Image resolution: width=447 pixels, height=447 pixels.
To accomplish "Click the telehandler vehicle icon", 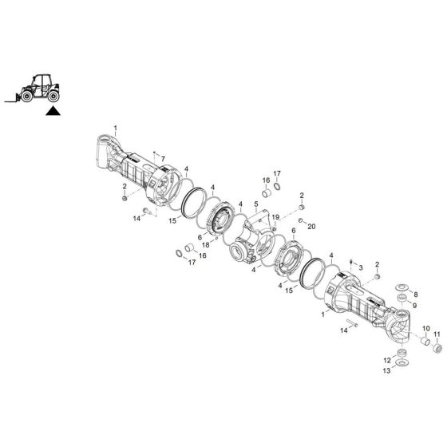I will click(x=34, y=86).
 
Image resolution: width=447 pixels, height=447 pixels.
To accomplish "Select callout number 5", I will click(x=256, y=204).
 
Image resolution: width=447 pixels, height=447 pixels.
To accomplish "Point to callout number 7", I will click(x=163, y=160).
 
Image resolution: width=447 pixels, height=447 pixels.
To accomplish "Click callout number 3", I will click(x=361, y=267).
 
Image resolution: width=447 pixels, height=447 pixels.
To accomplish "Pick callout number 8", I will click(x=414, y=295).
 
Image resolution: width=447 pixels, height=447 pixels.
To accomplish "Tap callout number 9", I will click(x=414, y=305).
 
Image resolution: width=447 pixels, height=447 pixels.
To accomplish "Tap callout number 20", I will click(x=311, y=226).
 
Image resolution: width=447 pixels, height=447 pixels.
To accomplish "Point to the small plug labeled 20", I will click(x=301, y=221).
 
